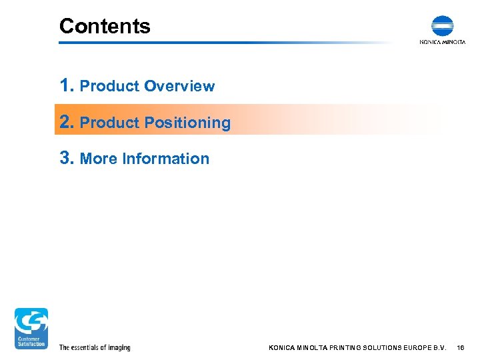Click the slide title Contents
[105, 26]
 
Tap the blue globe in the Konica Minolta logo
[442, 26]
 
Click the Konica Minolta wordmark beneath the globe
[442, 42]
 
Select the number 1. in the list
[67, 85]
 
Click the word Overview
[179, 86]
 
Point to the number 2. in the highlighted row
[67, 122]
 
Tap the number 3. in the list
[67, 158]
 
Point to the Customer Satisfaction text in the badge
[31, 341]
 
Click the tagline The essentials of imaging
[95, 347]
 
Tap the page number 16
[461, 347]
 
